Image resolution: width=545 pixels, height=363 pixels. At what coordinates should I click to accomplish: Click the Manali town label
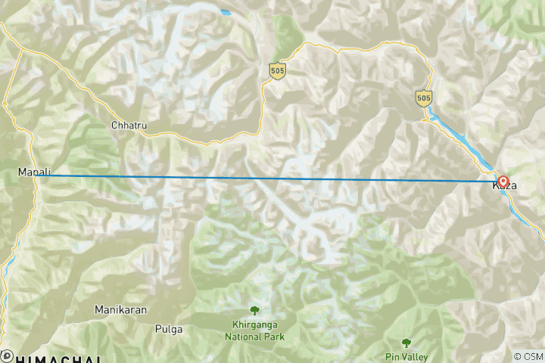point(34,173)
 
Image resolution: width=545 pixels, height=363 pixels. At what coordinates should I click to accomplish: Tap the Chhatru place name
point(126,124)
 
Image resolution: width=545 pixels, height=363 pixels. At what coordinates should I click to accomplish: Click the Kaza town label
point(505,185)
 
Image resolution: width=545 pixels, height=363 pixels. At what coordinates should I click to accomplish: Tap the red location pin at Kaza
point(503,182)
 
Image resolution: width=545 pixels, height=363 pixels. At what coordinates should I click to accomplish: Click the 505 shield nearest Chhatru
point(276,70)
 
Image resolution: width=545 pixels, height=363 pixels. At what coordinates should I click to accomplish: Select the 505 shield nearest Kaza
point(424,98)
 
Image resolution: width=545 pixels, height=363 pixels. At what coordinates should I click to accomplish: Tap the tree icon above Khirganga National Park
point(254,310)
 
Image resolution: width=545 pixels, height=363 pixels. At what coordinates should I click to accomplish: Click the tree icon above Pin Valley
point(407,343)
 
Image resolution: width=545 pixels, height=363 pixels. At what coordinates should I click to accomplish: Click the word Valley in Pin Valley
point(415,357)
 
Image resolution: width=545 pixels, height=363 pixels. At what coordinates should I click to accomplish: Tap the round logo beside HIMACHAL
point(7,355)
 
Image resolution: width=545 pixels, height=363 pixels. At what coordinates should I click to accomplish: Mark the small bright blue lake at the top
point(225,12)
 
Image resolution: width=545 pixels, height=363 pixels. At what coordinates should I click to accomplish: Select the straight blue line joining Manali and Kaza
point(265,178)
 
